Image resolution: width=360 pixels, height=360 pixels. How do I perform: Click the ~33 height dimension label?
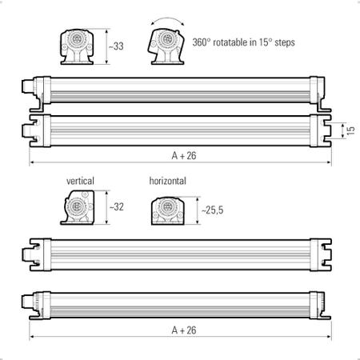point(116,46)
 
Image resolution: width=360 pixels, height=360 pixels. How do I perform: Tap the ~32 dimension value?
point(117,206)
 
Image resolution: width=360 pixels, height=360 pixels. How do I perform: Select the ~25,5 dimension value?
point(212,210)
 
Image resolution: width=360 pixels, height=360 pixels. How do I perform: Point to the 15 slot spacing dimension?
point(351,130)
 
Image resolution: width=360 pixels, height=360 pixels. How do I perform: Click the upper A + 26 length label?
point(184,156)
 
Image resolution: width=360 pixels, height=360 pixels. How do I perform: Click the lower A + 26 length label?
point(184,330)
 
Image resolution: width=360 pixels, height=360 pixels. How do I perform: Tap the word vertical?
point(80,181)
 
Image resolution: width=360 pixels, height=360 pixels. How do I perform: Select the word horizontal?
point(168,181)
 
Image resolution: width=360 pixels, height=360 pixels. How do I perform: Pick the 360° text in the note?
point(202,42)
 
